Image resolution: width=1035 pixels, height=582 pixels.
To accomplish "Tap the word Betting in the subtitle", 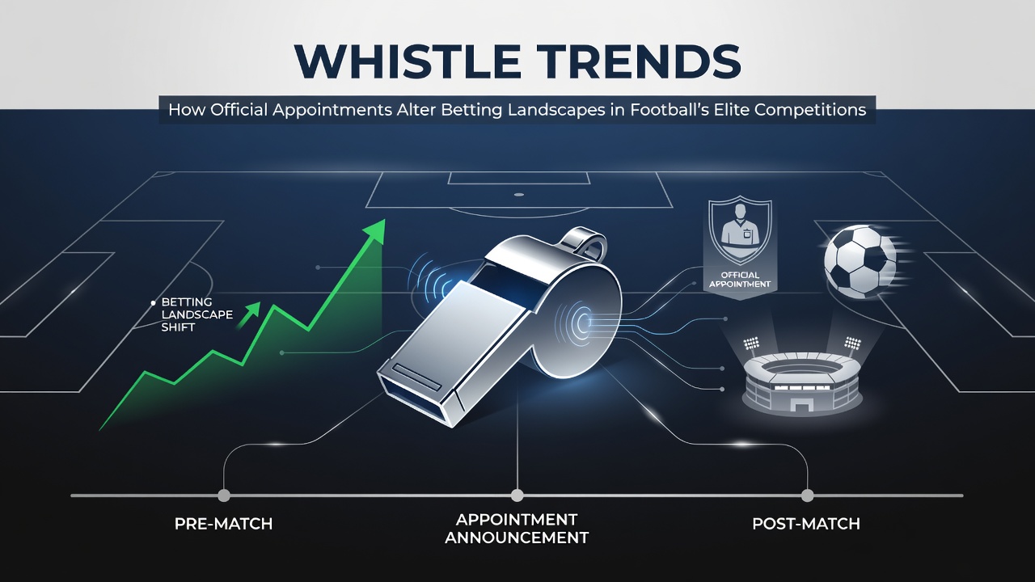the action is (x=470, y=110).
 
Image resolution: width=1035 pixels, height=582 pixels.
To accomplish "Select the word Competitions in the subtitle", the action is (x=810, y=110).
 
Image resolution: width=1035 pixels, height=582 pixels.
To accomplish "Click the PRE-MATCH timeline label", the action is (x=224, y=524).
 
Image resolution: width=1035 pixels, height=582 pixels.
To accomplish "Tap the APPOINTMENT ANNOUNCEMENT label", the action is (x=517, y=529).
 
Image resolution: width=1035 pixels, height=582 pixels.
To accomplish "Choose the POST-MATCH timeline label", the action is (x=806, y=524).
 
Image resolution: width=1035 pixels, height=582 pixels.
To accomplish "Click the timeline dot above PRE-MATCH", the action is (x=224, y=496).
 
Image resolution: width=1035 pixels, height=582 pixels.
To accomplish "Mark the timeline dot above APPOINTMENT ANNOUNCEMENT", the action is (x=517, y=496).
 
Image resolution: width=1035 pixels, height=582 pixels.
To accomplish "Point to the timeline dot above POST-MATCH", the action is (x=807, y=496).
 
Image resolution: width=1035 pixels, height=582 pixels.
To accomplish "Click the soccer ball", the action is (x=860, y=261).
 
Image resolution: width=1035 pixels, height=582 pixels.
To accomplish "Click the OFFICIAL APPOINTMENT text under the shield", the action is (x=740, y=280).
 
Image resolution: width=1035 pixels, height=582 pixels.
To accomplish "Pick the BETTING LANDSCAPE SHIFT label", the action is (x=196, y=314).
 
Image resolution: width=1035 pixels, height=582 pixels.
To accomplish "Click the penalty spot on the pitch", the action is (x=519, y=195).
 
